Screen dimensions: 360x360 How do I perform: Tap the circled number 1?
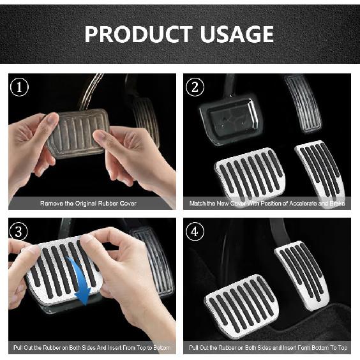(x=21, y=87)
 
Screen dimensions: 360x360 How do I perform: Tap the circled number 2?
(x=197, y=87)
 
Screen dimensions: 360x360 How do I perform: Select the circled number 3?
(x=21, y=232)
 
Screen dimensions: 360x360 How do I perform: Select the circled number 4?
(x=197, y=232)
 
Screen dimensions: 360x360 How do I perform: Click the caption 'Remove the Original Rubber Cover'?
(x=88, y=204)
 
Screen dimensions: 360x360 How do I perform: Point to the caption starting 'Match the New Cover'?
(x=267, y=204)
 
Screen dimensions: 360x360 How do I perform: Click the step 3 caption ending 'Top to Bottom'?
(x=92, y=349)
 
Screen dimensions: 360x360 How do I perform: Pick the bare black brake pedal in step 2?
(x=230, y=119)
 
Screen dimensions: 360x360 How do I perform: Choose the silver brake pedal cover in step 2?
(x=250, y=172)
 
